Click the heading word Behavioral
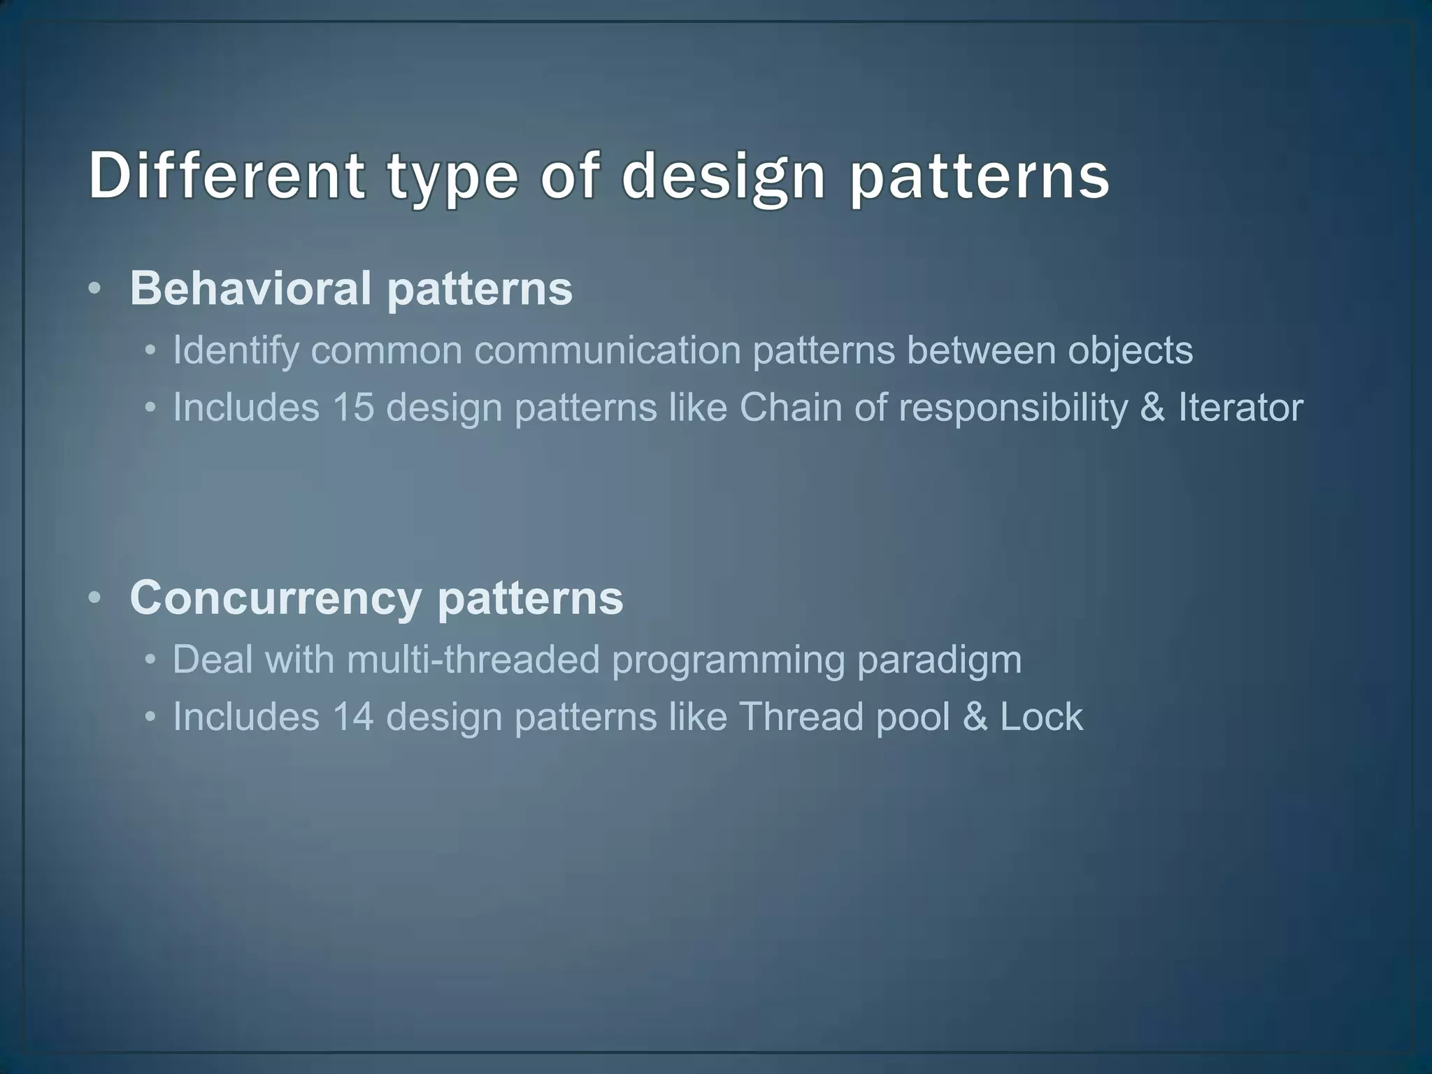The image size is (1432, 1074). pyautogui.click(x=250, y=288)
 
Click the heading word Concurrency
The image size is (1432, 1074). pyautogui.click(x=275, y=599)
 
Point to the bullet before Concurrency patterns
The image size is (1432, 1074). pyautogui.click(x=96, y=599)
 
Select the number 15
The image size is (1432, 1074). pyautogui.click(x=353, y=407)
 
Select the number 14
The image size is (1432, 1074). pyautogui.click(x=353, y=717)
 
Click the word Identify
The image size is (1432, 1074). pyautogui.click(x=236, y=350)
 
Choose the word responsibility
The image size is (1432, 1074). pyautogui.click(x=1012, y=408)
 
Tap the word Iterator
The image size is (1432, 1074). pyautogui.click(x=1240, y=407)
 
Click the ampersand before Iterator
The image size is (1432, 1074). pyautogui.click(x=1152, y=407)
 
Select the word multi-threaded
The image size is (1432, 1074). pyautogui.click(x=473, y=659)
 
